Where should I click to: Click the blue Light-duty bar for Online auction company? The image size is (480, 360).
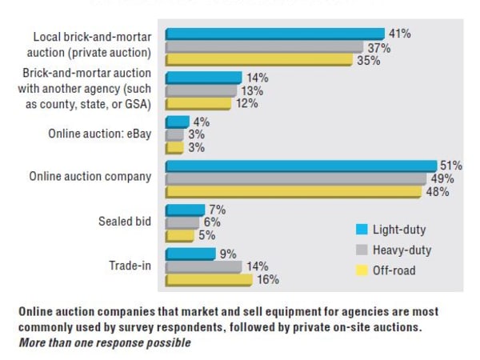(x=301, y=166)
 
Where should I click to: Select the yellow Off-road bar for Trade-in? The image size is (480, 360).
(x=208, y=280)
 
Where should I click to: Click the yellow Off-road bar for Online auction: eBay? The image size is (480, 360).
(x=174, y=147)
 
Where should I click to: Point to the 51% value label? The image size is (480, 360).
(x=452, y=165)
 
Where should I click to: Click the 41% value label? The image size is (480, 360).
(x=399, y=34)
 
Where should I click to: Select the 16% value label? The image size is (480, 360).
(x=269, y=280)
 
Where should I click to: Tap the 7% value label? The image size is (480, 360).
(x=217, y=210)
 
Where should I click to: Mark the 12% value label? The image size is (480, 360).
(x=246, y=104)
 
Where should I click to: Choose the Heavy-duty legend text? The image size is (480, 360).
(x=402, y=250)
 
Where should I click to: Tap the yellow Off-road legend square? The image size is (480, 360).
(x=362, y=270)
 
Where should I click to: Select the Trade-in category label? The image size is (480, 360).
(x=130, y=266)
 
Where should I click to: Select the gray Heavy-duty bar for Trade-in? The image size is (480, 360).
(x=203, y=266)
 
